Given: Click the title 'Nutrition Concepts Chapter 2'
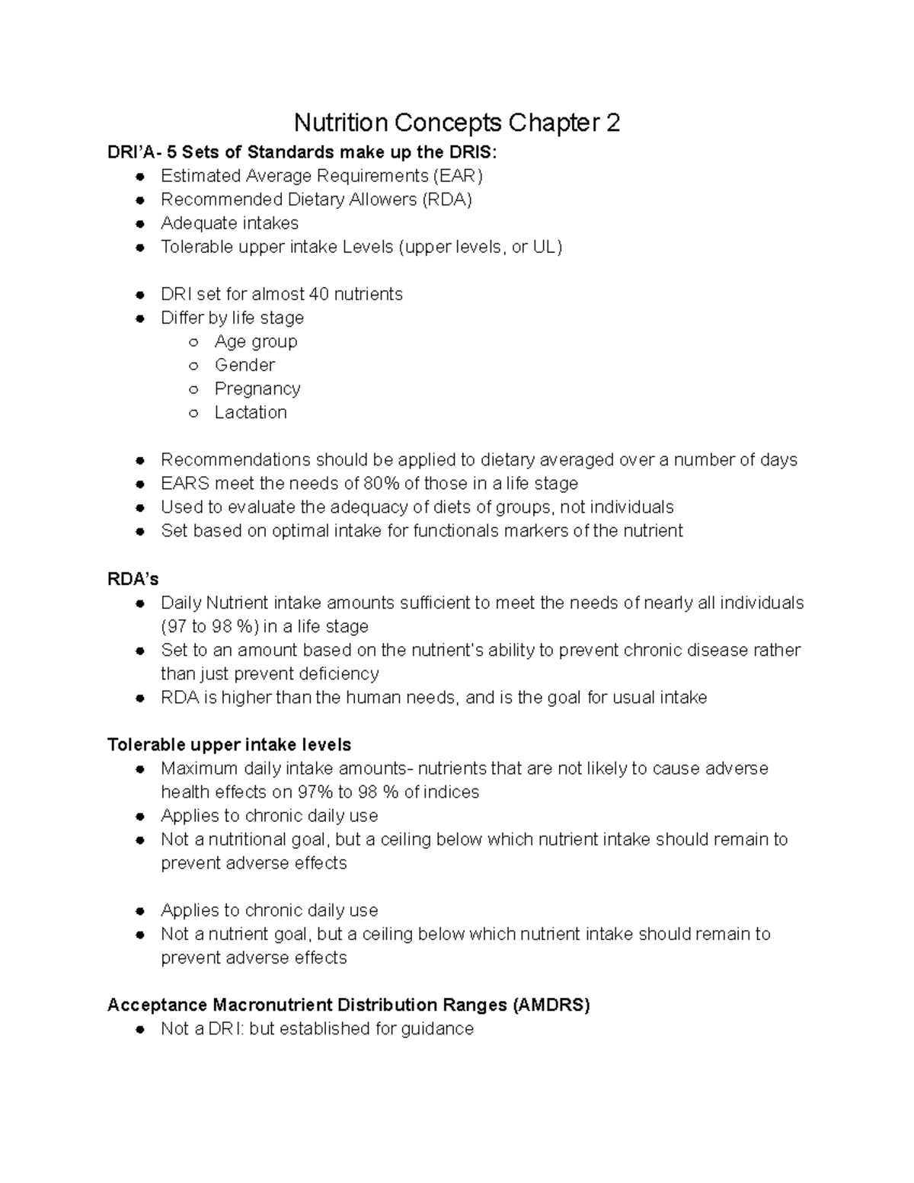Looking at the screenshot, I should pyautogui.click(x=457, y=123).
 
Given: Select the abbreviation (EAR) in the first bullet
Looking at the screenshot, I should pyautogui.click(x=458, y=176).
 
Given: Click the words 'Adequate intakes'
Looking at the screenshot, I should pyautogui.click(x=229, y=223).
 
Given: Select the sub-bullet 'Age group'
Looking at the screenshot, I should pyautogui.click(x=255, y=341).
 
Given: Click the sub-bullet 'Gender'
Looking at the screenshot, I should pyautogui.click(x=244, y=365).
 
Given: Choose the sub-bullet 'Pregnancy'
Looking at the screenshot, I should pyautogui.click(x=257, y=388).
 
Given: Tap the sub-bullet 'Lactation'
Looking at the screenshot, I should pyautogui.click(x=251, y=412).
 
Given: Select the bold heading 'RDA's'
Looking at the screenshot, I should pyautogui.click(x=133, y=580).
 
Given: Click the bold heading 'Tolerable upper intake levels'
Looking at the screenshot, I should pyautogui.click(x=229, y=744).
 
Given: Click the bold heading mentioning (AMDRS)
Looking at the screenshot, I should pyautogui.click(x=349, y=1005).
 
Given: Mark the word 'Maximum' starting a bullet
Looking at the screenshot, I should pyautogui.click(x=200, y=769).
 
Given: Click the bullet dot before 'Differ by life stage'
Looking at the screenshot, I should pyautogui.click(x=140, y=318).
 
